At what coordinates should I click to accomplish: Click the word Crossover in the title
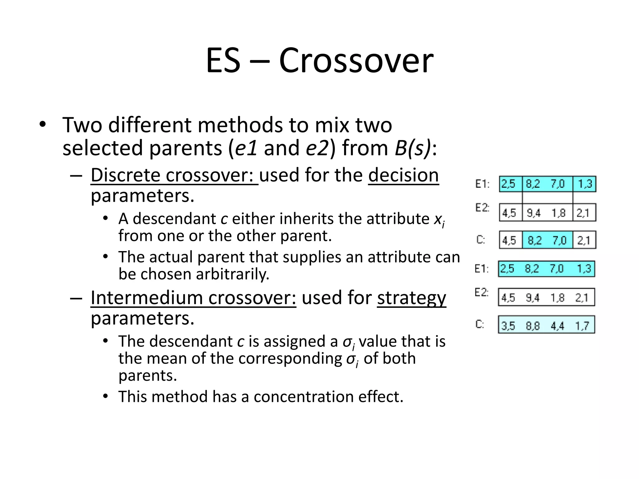click(x=356, y=60)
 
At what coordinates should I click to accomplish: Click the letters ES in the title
click(x=223, y=60)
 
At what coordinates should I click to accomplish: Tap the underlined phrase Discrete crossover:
click(x=174, y=175)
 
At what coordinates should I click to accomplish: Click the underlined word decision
click(x=403, y=175)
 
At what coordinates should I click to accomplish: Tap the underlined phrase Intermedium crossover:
click(x=193, y=298)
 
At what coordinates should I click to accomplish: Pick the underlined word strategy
click(x=411, y=298)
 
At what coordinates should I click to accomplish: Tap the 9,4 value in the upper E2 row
click(x=534, y=213)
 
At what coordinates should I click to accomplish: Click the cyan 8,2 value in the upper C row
click(x=534, y=240)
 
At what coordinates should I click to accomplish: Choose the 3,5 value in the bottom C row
click(x=508, y=326)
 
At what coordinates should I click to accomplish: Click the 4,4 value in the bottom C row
click(x=557, y=326)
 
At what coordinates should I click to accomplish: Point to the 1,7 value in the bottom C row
click(x=582, y=326)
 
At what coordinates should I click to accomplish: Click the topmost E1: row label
click(x=482, y=184)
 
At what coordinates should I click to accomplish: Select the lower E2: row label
click(x=481, y=293)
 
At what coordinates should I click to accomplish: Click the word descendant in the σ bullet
click(x=191, y=341)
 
